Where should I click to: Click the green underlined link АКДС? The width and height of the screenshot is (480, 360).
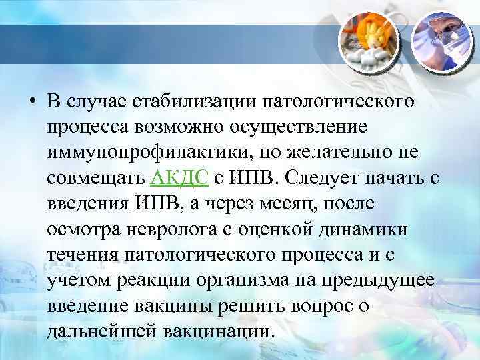[182, 177]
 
